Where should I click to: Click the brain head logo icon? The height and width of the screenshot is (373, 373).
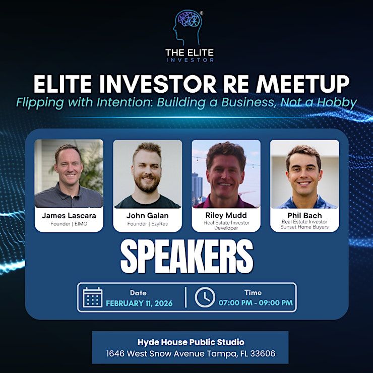coord(188,27)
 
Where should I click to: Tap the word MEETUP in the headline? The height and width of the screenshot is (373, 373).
coord(302,84)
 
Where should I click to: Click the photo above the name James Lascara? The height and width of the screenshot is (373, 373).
coord(69,173)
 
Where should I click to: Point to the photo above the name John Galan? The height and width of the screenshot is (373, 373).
coord(148,174)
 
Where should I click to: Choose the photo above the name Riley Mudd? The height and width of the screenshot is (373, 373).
coord(226,174)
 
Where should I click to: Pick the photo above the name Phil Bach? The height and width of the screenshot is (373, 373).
coord(304,174)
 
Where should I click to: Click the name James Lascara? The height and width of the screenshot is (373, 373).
coord(69,216)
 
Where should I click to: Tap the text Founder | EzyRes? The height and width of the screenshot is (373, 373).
coord(148,224)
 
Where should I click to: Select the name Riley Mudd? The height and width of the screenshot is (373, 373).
coord(226,215)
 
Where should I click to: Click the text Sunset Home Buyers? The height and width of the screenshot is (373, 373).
coord(304,227)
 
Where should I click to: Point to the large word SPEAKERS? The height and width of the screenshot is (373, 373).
coord(186,257)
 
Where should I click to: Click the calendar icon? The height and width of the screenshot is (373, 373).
coord(93,297)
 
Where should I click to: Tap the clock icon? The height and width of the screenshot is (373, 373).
coord(205,297)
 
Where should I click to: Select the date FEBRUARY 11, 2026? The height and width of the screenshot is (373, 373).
coord(139,303)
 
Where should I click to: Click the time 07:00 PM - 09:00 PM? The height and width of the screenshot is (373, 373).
coord(256,303)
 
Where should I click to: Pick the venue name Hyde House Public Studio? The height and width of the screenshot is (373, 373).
coord(191,342)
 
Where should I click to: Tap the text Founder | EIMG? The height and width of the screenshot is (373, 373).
coord(69,224)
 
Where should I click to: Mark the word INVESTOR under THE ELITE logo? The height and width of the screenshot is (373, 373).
coord(190,60)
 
